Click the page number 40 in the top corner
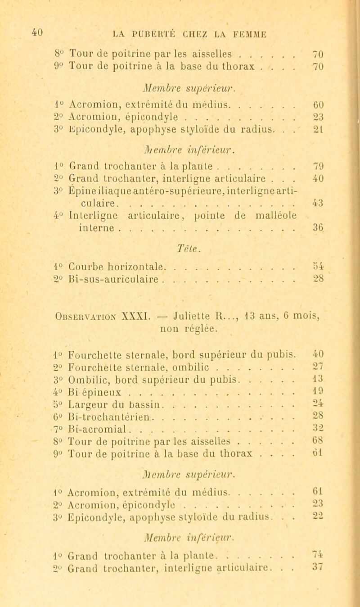(10, 32)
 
